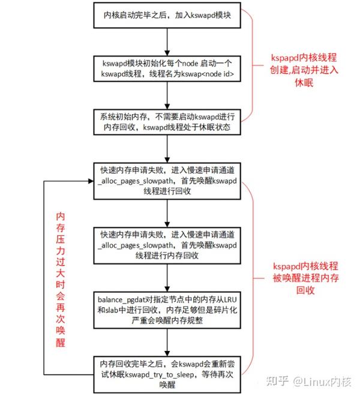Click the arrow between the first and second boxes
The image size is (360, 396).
(x=167, y=40)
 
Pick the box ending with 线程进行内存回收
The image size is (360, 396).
(x=167, y=244)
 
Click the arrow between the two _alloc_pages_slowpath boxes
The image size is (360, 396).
(x=167, y=211)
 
